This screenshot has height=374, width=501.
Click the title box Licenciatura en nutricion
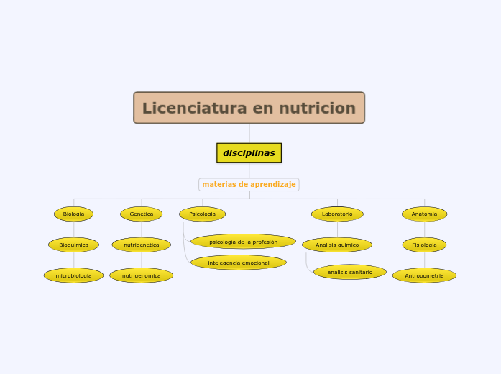point(249,108)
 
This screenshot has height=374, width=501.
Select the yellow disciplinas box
point(249,153)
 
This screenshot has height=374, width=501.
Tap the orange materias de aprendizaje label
point(249,185)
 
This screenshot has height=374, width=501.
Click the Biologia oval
point(73,214)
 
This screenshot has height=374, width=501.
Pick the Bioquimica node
point(73,245)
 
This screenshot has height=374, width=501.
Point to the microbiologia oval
point(73,275)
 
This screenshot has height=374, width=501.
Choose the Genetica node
point(142,214)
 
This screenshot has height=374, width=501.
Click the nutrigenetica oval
point(142,245)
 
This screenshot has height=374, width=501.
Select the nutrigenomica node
point(142,275)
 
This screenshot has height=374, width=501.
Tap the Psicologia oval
point(202,214)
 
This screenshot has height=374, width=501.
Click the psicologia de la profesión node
point(243,242)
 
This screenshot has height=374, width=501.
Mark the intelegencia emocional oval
point(239,263)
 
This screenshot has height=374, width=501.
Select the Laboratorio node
point(337,214)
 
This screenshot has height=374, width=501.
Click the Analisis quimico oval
point(337,245)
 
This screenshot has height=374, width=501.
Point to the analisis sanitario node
point(350,273)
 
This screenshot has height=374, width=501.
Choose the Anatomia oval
point(424,214)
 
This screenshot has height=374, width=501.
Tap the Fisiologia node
point(424,245)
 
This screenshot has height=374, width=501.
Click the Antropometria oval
point(424,275)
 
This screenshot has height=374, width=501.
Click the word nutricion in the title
point(317,108)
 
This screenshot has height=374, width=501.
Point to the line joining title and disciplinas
point(249,133)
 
